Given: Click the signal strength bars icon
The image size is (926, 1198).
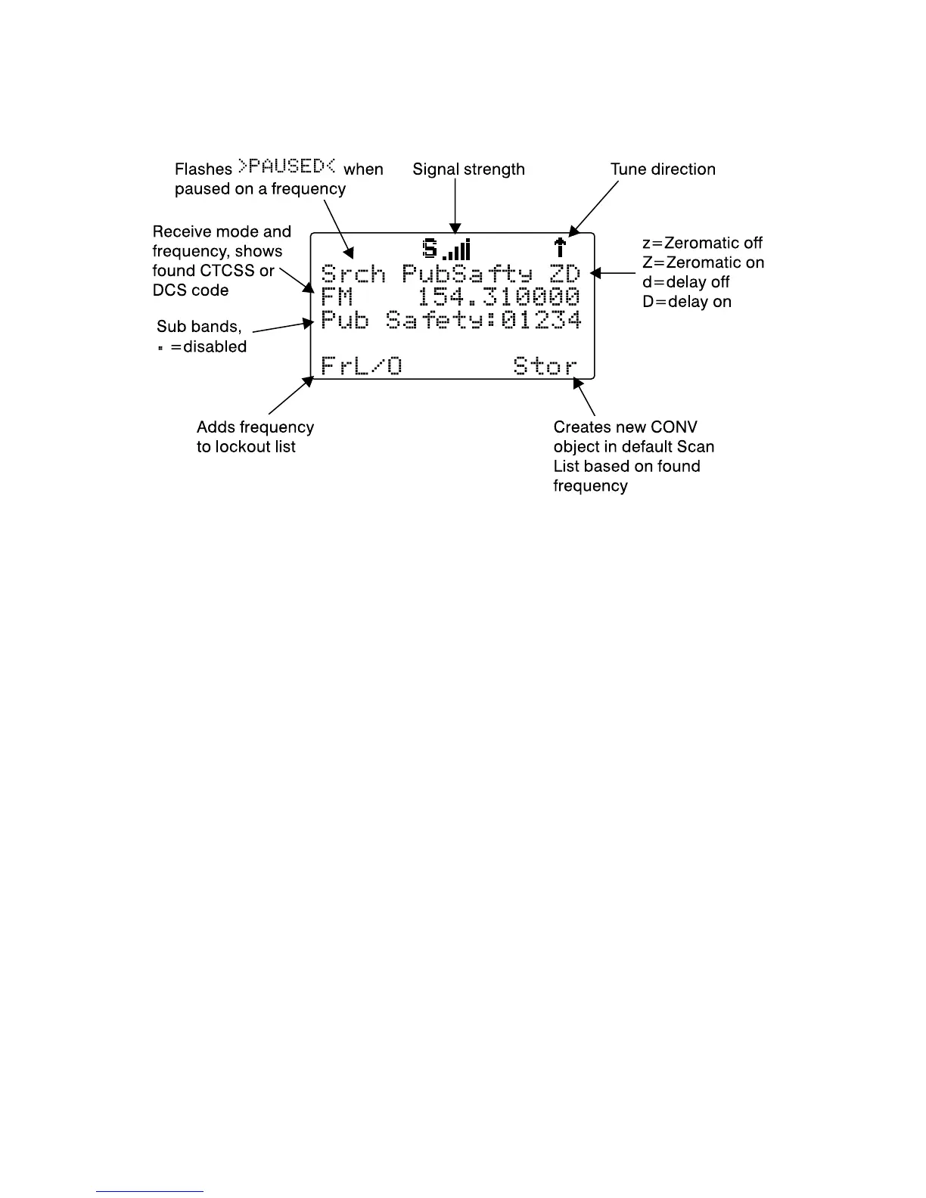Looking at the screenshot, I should tap(457, 250).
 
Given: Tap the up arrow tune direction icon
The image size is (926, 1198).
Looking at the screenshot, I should tap(560, 248).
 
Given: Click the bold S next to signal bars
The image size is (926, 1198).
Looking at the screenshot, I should tap(430, 248).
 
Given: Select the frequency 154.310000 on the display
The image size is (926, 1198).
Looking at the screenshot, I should tap(499, 296).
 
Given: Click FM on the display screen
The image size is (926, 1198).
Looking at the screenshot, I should tap(337, 296).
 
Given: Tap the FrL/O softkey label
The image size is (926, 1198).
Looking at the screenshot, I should tap(362, 367).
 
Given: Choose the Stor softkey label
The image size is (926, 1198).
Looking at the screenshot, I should tap(545, 367).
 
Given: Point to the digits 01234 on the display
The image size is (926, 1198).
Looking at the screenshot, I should tap(541, 320).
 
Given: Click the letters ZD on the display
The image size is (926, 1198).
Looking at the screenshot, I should tap(564, 274).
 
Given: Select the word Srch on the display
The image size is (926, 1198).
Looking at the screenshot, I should tap(353, 274).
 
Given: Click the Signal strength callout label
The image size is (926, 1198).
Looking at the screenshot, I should tap(468, 169).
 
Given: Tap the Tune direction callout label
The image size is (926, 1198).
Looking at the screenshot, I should tap(663, 169).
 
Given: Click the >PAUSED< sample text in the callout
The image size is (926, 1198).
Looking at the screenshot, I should tap(287, 166).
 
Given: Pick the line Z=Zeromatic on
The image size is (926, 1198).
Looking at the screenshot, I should tap(703, 262).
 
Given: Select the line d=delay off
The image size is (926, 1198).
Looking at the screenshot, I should tap(685, 282).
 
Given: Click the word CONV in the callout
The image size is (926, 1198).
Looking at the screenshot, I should tap(673, 427).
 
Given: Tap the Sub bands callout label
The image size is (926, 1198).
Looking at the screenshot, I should tap(199, 327).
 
